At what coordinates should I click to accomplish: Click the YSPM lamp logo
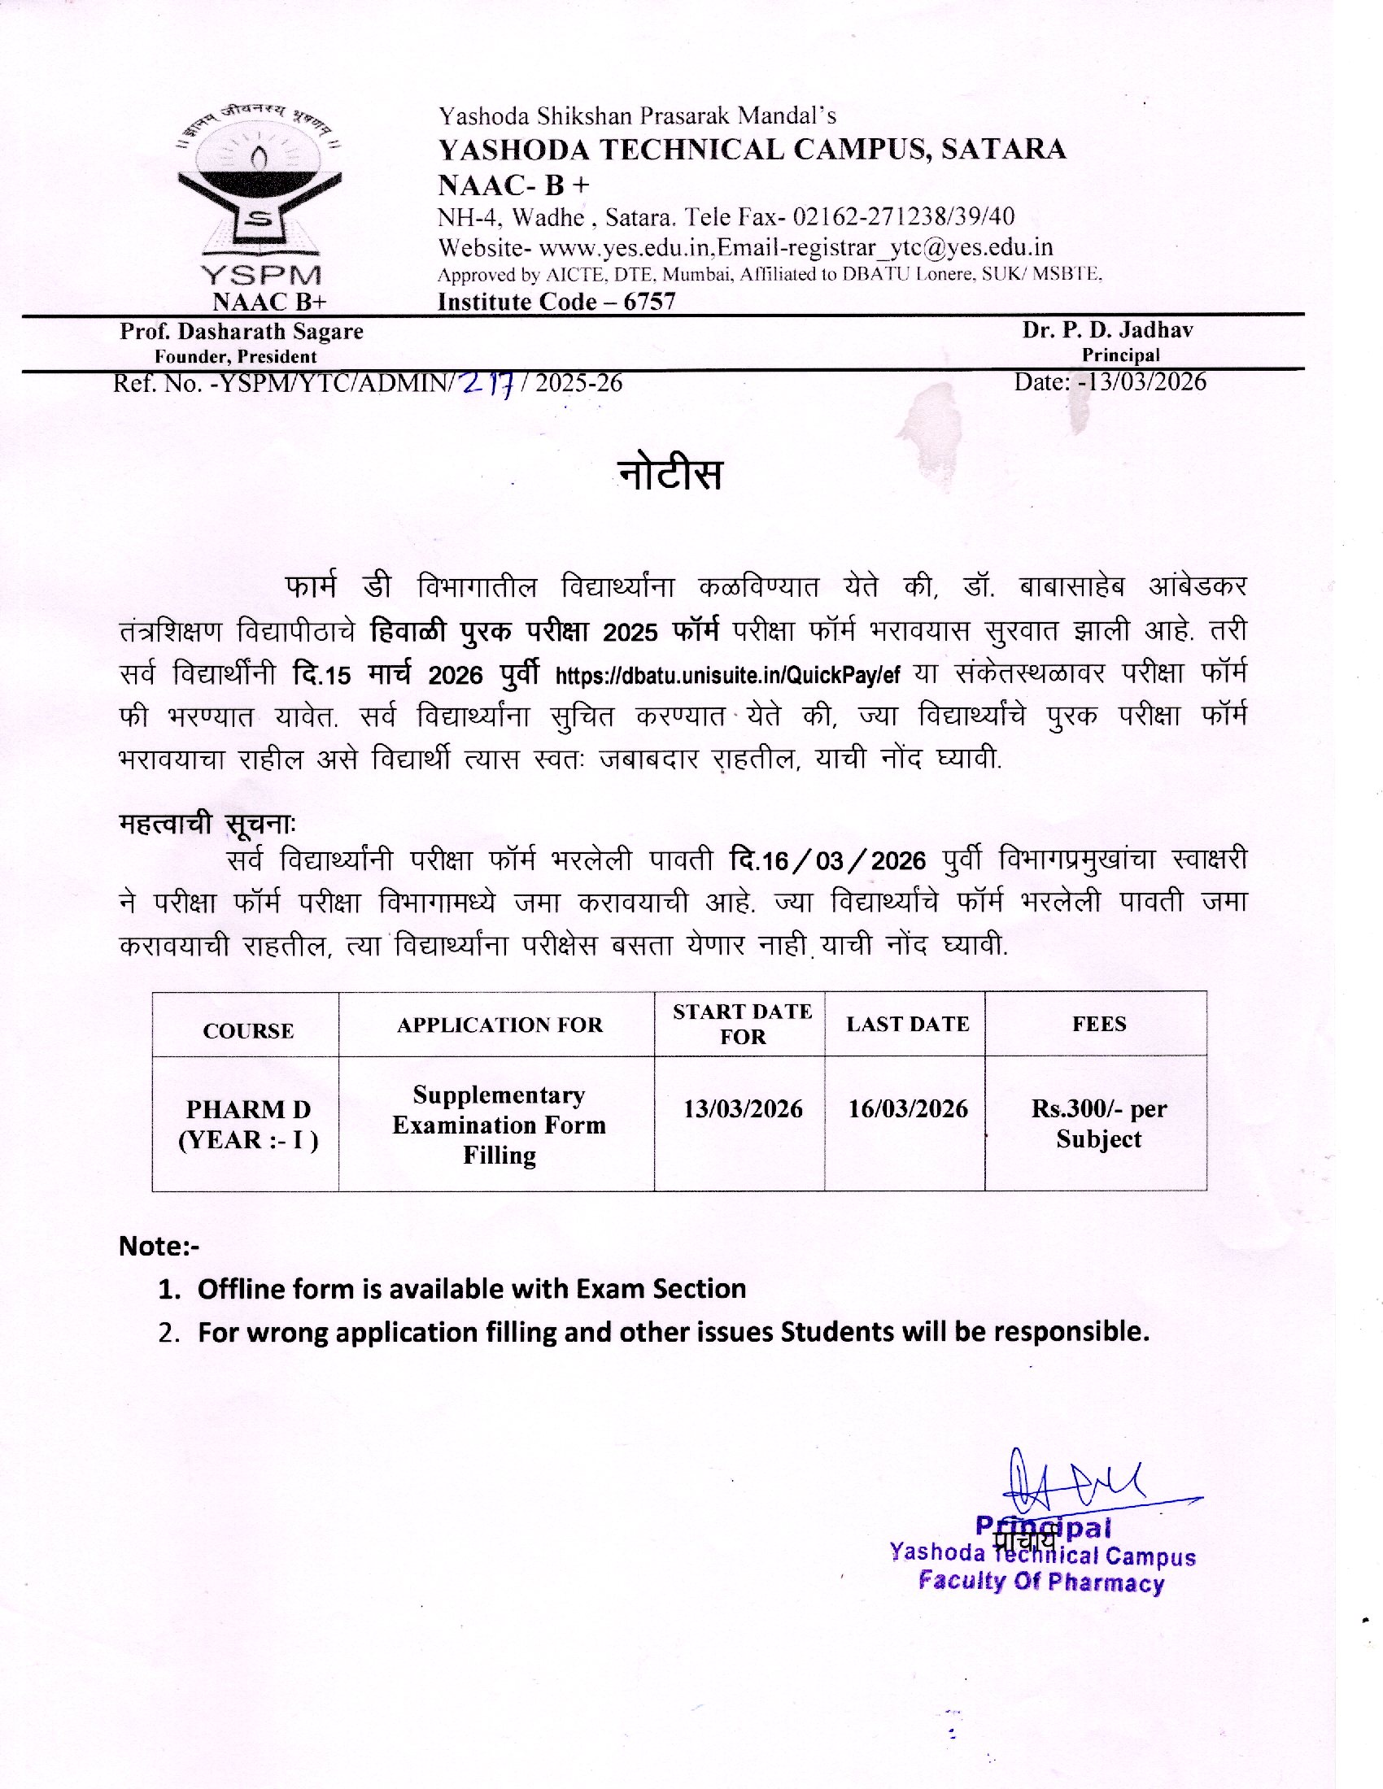click(x=260, y=185)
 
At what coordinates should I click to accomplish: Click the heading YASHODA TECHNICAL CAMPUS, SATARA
click(x=753, y=150)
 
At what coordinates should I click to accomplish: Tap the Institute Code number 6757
click(x=649, y=303)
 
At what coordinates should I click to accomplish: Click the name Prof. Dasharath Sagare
click(x=242, y=332)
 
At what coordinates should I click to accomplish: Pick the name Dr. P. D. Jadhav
click(x=1107, y=330)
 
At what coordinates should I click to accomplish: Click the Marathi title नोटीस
click(x=670, y=474)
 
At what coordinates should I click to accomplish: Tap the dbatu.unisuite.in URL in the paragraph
click(x=727, y=676)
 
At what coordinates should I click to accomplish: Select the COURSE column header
click(x=248, y=1030)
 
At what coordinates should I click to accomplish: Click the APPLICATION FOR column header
click(x=500, y=1025)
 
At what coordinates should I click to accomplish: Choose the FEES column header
click(x=1099, y=1024)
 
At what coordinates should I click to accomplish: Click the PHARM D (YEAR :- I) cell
click(x=248, y=1124)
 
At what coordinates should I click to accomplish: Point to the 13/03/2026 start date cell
click(x=742, y=1109)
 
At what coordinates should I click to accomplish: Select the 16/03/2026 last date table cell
click(x=908, y=1109)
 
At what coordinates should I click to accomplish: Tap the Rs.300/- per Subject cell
click(x=1099, y=1123)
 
